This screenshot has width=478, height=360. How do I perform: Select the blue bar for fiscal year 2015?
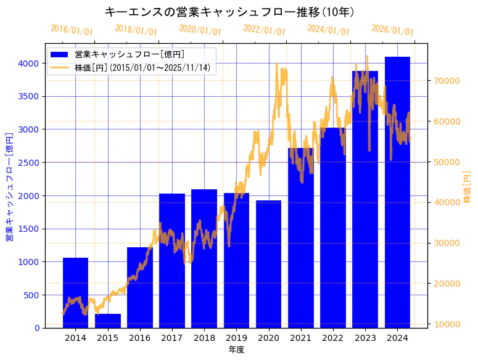[x=108, y=321]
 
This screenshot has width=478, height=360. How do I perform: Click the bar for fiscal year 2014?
[x=75, y=293]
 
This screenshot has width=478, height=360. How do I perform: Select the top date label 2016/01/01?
[x=72, y=30]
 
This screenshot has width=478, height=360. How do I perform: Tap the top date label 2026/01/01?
[x=392, y=30]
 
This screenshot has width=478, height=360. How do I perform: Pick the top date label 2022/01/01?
[x=264, y=30]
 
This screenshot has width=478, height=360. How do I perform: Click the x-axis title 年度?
[x=236, y=350]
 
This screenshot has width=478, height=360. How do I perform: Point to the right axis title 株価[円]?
[x=467, y=187]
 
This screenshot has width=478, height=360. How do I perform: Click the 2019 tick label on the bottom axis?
[x=236, y=338]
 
